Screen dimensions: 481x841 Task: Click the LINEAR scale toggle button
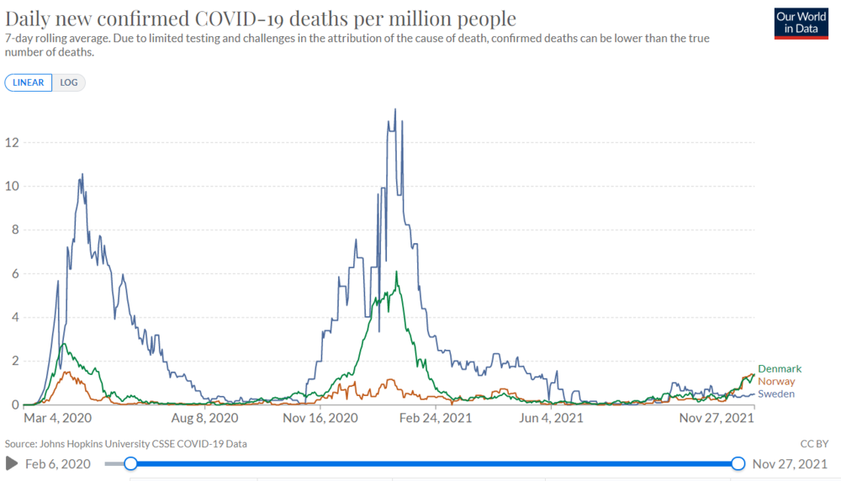(x=29, y=82)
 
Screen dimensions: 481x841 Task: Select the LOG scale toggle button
(x=69, y=82)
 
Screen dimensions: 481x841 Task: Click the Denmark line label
(x=780, y=369)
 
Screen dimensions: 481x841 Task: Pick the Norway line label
(x=775, y=382)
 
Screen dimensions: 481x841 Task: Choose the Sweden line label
(x=776, y=394)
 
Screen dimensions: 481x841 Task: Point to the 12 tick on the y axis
(x=13, y=142)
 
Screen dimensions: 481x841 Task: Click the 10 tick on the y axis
(x=13, y=186)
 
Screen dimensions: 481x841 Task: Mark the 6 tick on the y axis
(x=15, y=273)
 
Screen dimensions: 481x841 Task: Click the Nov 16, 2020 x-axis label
(x=320, y=417)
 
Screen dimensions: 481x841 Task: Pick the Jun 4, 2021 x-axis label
(x=551, y=417)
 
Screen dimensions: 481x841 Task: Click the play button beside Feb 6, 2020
(x=12, y=463)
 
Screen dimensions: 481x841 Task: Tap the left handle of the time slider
(x=130, y=463)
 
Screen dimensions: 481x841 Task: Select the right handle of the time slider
(x=738, y=463)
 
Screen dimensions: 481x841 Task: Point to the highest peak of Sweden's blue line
(x=395, y=109)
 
